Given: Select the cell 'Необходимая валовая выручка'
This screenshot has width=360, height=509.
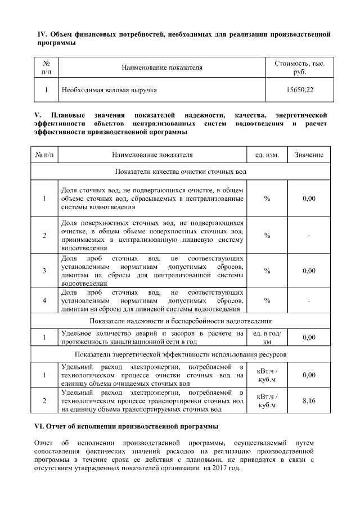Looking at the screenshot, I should coord(109,90).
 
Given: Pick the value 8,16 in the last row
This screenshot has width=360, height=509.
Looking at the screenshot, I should coord(309,401).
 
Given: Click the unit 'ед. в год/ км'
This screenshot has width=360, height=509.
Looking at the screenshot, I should coord(267,337).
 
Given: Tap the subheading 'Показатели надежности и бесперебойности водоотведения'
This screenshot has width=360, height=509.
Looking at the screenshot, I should coord(181,322).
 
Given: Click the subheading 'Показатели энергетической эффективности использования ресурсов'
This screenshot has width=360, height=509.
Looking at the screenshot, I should coord(181,355).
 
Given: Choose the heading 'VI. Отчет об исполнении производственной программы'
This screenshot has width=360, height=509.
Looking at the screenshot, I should coord(126,426).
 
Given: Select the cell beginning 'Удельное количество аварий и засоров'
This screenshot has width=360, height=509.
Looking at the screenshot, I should coord(152,337).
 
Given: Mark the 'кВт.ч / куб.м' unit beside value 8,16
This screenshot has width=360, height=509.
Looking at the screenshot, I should coord(267,401).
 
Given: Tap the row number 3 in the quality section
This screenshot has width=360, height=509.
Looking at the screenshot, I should coord(44,271).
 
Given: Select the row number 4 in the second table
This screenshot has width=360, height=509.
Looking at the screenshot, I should coord(44,301).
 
